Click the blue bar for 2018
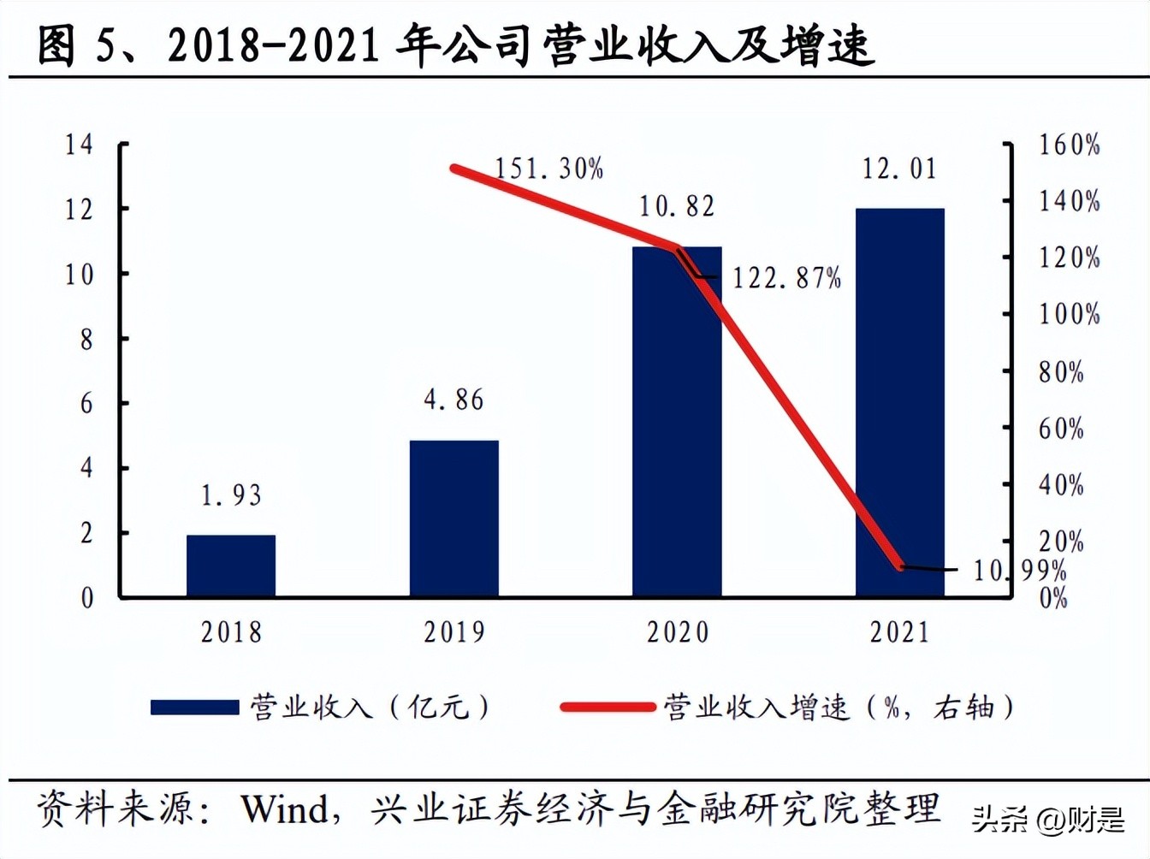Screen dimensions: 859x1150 pos(231,566)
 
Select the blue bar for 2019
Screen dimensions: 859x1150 pos(453,518)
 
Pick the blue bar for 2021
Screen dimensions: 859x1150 pos(899,402)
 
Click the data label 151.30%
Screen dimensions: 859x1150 pos(548,169)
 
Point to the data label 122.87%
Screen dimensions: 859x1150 pos(786,278)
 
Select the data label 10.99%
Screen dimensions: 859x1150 pos(1019,570)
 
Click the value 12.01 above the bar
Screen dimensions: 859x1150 pos(899,169)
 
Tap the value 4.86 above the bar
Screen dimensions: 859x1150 pos(453,400)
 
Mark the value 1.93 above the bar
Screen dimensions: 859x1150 pos(231,495)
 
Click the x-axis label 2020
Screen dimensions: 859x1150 pos(677,632)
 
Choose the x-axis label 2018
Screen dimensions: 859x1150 pos(231,632)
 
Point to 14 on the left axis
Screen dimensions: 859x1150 pos(79,144)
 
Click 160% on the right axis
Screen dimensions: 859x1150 pos(1069,145)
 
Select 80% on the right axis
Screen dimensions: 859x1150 pos(1061,372)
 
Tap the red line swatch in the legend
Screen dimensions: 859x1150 pos(608,708)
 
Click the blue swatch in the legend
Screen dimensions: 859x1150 pos(194,708)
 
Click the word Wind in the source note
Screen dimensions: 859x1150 pos(284,809)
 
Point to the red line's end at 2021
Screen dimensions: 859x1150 pos(899,566)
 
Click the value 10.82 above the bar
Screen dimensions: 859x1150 pos(677,206)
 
